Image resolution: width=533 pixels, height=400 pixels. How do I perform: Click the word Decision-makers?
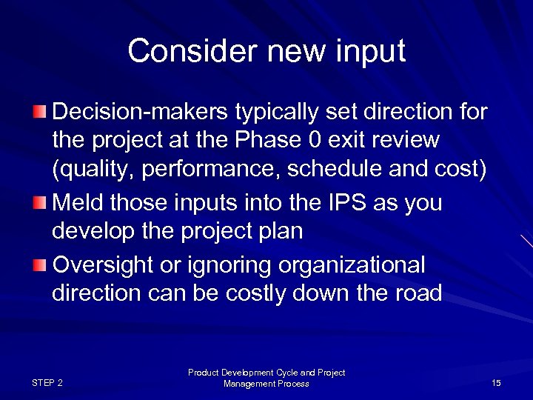[141, 113]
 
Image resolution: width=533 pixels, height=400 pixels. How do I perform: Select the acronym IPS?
[312, 203]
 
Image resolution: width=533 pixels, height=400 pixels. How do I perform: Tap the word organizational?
[346, 264]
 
